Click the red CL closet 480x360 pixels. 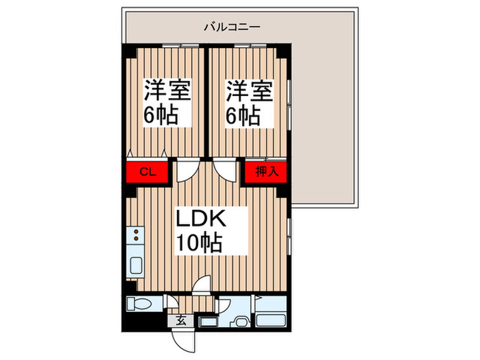(x=145, y=171)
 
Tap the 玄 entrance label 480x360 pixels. (x=181, y=320)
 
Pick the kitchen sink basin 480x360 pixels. (x=136, y=264)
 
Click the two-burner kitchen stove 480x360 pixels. (x=136, y=237)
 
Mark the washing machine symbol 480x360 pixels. (x=241, y=322)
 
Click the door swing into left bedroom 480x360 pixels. (x=186, y=171)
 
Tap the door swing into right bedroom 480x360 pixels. (x=223, y=171)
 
